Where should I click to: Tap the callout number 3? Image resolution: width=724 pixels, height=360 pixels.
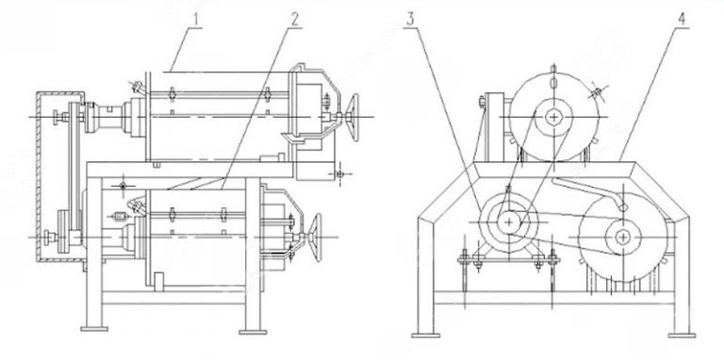pos(411,19)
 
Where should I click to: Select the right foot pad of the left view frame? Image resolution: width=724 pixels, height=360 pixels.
pos(252,329)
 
